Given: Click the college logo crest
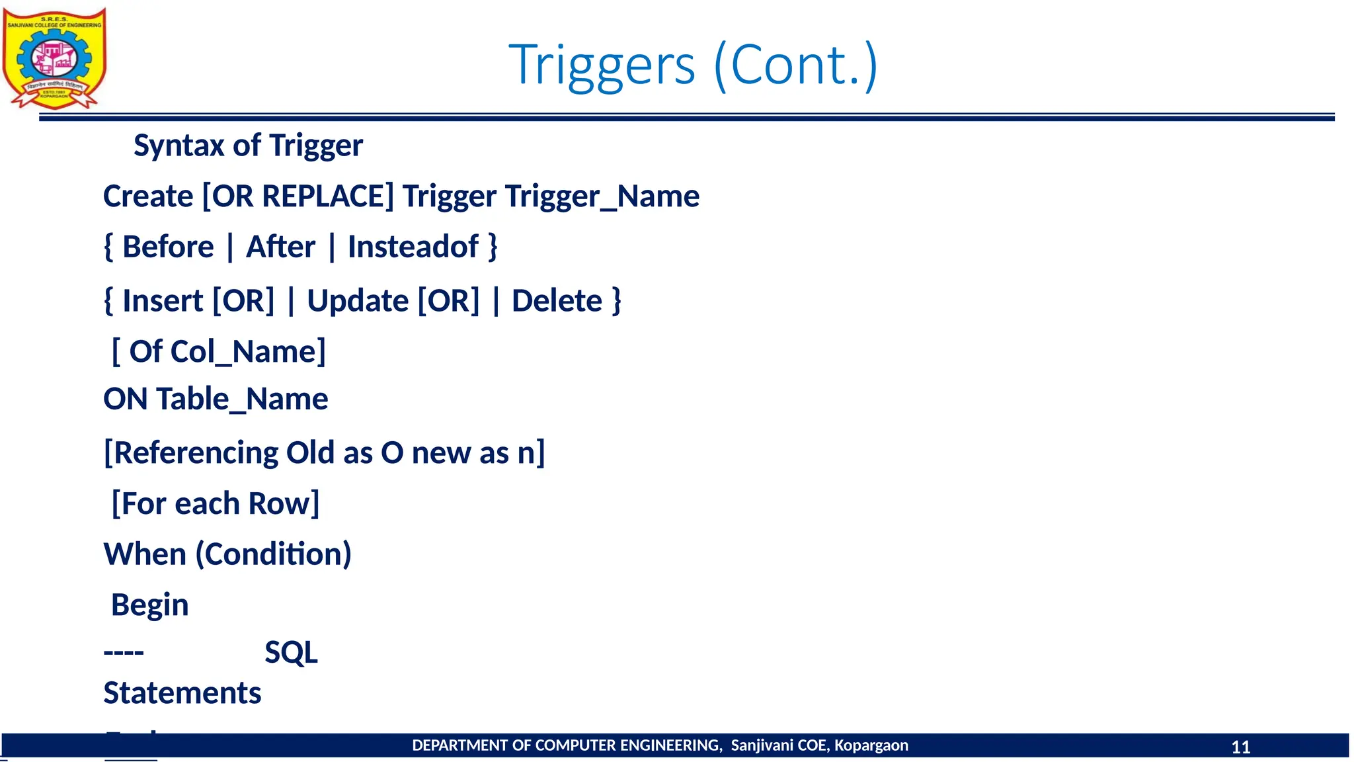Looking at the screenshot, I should pos(54,58).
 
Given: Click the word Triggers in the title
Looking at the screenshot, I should pos(602,65).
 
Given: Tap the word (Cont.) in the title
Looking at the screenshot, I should pos(796,65).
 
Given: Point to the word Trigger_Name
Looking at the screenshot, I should pos(602,196).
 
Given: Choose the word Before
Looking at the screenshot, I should pos(168,247).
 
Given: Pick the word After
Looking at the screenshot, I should pos(280,247).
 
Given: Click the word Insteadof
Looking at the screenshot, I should pos(413,247).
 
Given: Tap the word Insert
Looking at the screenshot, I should pos(163,301).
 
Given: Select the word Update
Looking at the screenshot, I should pos(358,301).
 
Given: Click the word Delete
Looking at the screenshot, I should pos(557,301).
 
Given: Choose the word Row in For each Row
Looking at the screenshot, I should pos(283,504).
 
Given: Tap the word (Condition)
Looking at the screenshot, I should pos(273,554).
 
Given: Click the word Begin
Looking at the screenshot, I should pos(150,605).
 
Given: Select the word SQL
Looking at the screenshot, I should pos(291,653).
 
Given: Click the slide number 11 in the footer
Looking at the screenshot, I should pos(1240,747).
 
